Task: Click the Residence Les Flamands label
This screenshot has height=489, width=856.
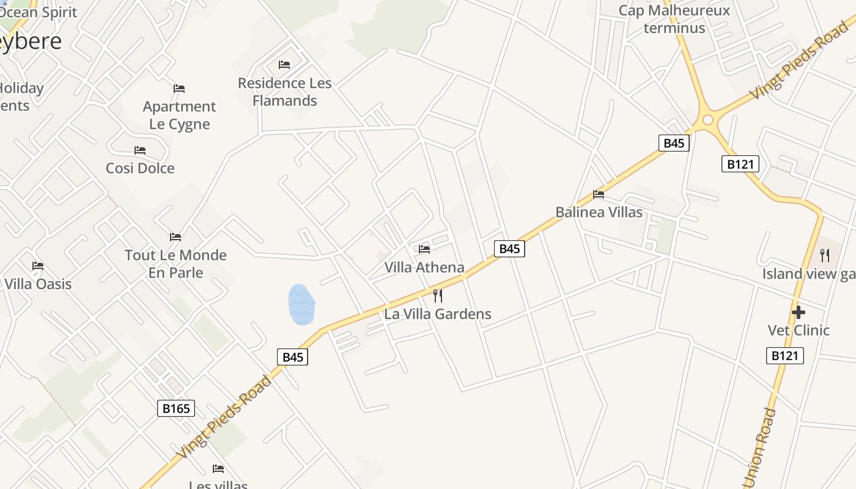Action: click(x=284, y=92)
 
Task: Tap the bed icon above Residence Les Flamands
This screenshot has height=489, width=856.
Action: click(x=284, y=64)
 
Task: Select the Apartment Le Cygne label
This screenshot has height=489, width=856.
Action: click(x=179, y=115)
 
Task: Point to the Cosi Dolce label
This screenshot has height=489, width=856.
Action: click(x=140, y=168)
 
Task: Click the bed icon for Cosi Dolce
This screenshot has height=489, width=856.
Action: click(x=140, y=150)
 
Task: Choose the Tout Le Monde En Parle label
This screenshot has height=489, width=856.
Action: click(x=175, y=263)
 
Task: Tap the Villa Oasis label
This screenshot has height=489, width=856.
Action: click(x=38, y=284)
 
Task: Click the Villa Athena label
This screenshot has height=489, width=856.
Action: click(x=424, y=267)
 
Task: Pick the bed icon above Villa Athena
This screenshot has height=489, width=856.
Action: click(x=424, y=249)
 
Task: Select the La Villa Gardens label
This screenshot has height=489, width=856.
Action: click(x=438, y=314)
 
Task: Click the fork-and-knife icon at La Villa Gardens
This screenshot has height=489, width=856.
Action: click(x=438, y=296)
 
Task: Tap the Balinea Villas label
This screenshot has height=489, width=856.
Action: click(x=599, y=212)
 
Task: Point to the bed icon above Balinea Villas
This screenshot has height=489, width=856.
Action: click(x=599, y=194)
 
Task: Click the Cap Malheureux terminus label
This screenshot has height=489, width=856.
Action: click(x=674, y=19)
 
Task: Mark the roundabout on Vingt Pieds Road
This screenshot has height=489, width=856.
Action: click(x=708, y=120)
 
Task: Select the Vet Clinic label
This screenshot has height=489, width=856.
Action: click(x=799, y=330)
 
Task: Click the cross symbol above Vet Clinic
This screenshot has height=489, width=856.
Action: click(x=798, y=312)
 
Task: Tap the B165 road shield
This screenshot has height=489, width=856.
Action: click(x=176, y=408)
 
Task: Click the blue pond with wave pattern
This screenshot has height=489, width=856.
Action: click(x=301, y=304)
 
